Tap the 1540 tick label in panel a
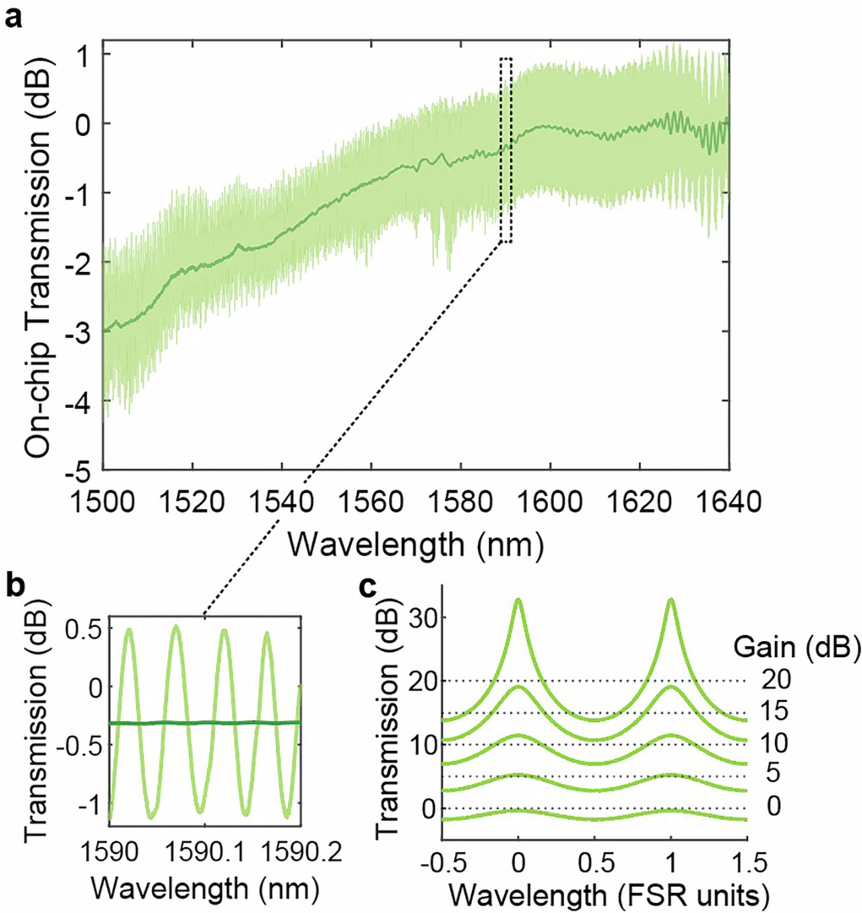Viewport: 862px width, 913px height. pos(283,502)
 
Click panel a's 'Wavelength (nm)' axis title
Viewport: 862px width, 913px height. pos(416,545)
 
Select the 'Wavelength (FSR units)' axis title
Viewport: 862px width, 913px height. pos(609,896)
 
